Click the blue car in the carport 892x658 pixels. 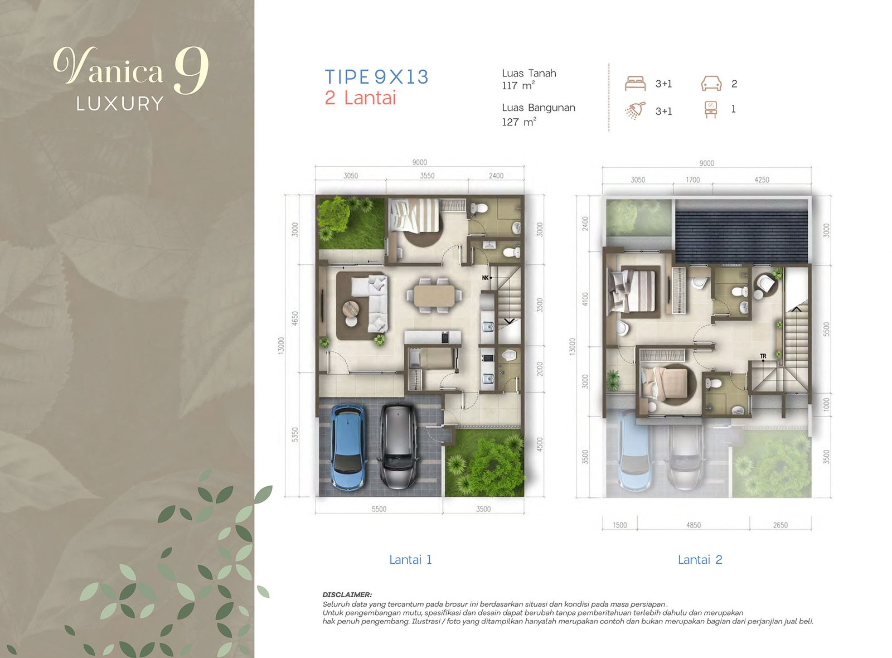(x=348, y=446)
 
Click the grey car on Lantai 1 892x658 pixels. (x=398, y=446)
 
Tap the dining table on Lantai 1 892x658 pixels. (x=438, y=296)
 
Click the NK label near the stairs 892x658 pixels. (x=485, y=278)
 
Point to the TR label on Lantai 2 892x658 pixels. (x=763, y=356)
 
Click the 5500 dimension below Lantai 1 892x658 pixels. (x=379, y=509)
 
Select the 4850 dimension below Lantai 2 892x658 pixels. (x=693, y=525)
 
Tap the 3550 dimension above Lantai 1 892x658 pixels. (x=427, y=176)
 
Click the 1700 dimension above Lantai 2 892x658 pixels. (x=692, y=180)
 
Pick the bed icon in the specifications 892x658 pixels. (x=635, y=84)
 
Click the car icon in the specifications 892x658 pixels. (x=711, y=84)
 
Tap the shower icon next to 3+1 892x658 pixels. (x=635, y=110)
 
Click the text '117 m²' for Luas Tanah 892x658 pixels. (x=518, y=86)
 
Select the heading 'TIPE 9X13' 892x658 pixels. (x=376, y=77)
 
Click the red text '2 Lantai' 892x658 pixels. (x=360, y=98)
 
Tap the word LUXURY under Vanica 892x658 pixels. (x=120, y=104)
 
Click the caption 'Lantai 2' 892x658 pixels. (x=700, y=560)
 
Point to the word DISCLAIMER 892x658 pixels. (x=347, y=595)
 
